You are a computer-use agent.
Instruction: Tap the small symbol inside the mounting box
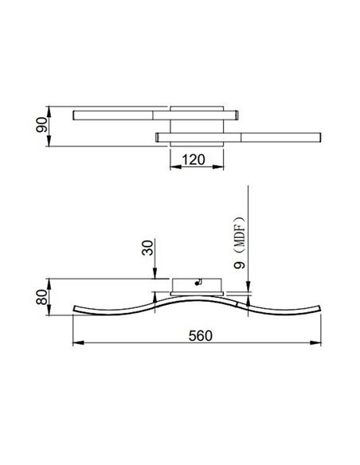pyautogui.click(x=200, y=281)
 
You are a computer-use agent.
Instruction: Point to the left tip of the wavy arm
pyautogui.click(x=74, y=310)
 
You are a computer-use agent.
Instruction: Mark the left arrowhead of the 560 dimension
pyautogui.click(x=76, y=345)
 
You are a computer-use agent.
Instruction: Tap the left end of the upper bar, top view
pyautogui.click(x=74, y=115)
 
